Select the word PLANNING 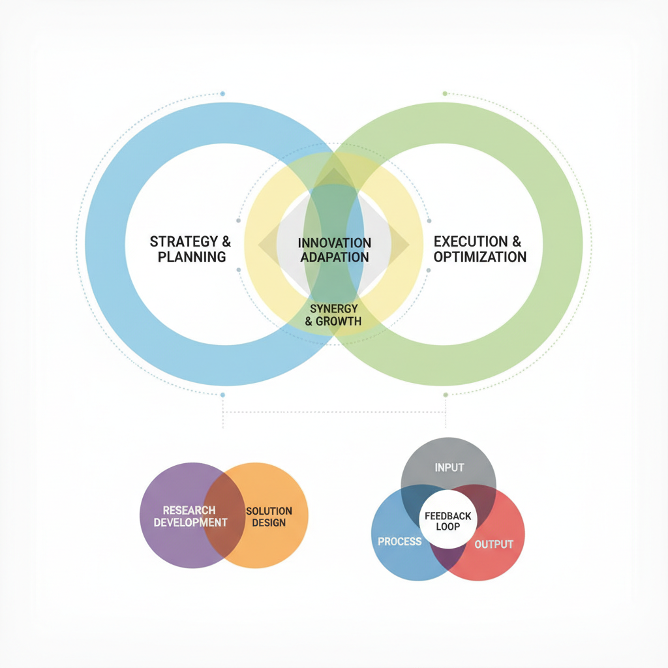click(x=192, y=257)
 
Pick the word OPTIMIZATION click(x=479, y=257)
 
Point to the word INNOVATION click(x=335, y=243)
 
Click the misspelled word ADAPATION click(x=335, y=257)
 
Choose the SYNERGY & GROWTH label click(x=333, y=314)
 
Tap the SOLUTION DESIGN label click(x=269, y=516)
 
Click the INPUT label click(x=449, y=467)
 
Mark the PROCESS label click(x=400, y=541)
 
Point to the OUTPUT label click(x=494, y=544)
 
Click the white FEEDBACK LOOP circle click(x=448, y=521)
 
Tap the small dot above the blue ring click(x=222, y=94)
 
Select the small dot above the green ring click(x=445, y=94)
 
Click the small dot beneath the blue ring click(x=222, y=395)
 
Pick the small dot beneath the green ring click(x=446, y=395)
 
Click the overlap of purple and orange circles click(x=224, y=515)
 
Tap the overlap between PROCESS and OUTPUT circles click(x=448, y=558)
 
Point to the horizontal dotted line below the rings click(x=334, y=412)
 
